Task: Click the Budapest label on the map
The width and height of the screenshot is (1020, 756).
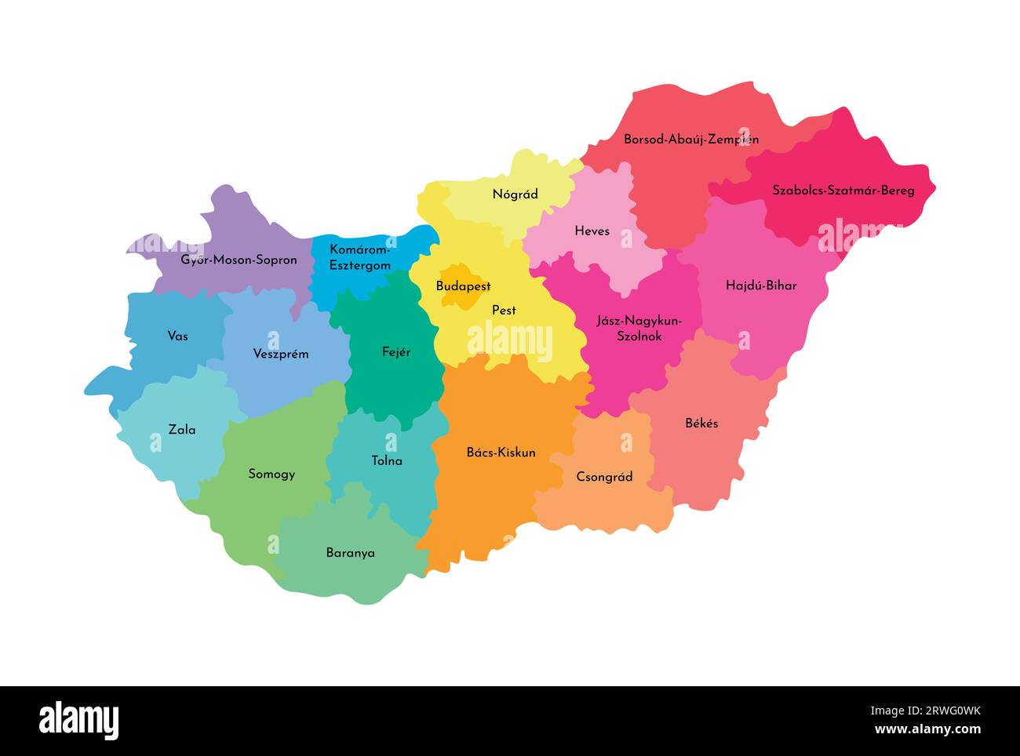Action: tap(463, 286)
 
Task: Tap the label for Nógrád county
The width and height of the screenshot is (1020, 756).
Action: tap(515, 194)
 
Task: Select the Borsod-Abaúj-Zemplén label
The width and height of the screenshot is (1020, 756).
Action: tap(690, 140)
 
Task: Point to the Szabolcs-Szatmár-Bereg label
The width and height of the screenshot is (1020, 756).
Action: tap(843, 190)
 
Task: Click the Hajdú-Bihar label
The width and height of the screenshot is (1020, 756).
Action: tap(760, 285)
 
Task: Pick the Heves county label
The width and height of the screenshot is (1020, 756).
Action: tap(592, 231)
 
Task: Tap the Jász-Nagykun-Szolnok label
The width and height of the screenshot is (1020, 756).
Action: tap(639, 328)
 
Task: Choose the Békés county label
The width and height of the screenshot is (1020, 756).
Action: tap(701, 423)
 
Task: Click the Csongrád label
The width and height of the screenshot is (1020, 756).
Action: tap(604, 477)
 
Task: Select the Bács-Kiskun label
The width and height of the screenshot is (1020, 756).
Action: tap(501, 453)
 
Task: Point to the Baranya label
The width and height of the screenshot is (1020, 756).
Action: tap(350, 553)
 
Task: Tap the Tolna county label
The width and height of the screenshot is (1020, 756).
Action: tap(386, 461)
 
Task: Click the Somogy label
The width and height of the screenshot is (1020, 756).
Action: tap(271, 474)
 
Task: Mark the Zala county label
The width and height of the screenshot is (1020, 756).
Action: tap(182, 430)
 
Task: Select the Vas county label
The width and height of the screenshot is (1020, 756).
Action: tap(177, 336)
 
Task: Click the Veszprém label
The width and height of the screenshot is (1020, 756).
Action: tap(280, 354)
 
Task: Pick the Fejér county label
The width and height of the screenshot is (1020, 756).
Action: tap(395, 352)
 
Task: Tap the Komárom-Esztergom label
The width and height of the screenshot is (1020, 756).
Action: tap(359, 257)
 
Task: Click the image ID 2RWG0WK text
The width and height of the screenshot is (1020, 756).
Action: tap(945, 711)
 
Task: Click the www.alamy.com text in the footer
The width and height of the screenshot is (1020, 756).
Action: tap(927, 729)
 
